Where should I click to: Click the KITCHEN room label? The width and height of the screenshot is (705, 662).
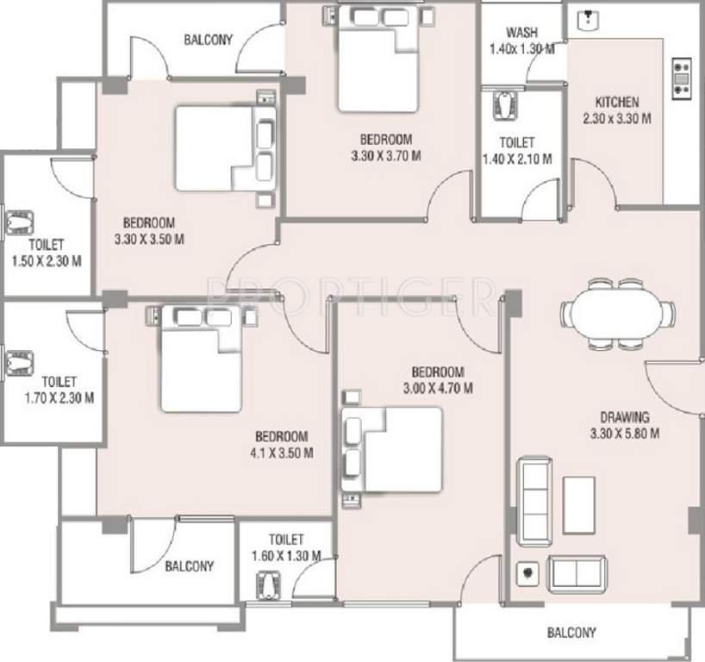[616, 102]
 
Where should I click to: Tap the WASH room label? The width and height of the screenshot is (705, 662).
[522, 33]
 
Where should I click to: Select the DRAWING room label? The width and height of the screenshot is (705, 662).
[626, 417]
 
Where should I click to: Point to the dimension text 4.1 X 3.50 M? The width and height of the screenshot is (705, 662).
[281, 453]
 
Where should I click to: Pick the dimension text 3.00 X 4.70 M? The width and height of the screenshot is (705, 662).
[440, 389]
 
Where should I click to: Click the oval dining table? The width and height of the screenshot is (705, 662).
[616, 313]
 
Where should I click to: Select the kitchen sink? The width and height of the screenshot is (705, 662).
[590, 20]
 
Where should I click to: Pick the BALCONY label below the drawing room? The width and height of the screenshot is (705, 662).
[571, 633]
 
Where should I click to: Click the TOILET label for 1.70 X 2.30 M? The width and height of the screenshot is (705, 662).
[59, 381]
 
